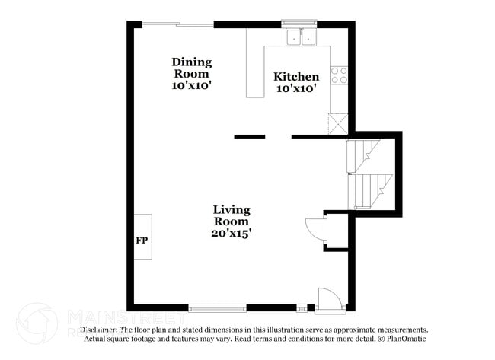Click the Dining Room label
(192, 68)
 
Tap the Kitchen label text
(296, 76)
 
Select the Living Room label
(232, 215)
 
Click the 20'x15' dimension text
(232, 234)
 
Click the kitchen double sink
(301, 37)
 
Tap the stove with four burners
(339, 75)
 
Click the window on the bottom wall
(217, 308)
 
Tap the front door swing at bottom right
(327, 299)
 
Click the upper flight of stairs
(364, 153)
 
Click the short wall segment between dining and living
(250, 137)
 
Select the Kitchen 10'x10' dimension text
(296, 89)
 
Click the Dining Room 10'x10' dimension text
(192, 86)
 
